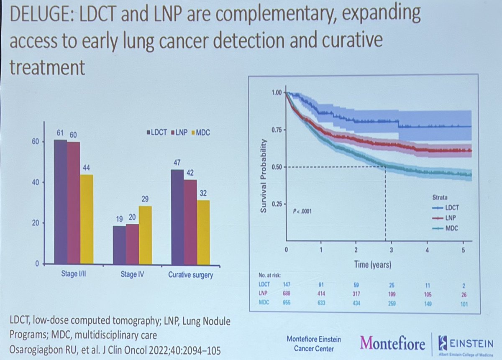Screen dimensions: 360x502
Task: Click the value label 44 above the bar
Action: pyautogui.click(x=87, y=167)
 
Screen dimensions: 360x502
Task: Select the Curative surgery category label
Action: pyautogui.click(x=190, y=275)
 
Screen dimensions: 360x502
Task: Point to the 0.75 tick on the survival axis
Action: pyautogui.click(x=275, y=130)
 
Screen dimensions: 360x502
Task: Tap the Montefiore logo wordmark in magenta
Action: pyautogui.click(x=393, y=344)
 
